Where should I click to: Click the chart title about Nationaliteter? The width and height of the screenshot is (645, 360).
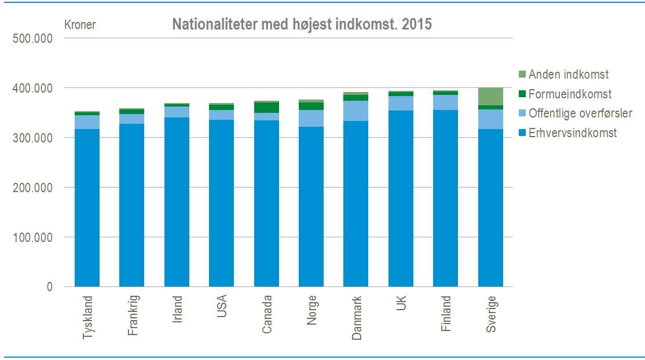coord(302,25)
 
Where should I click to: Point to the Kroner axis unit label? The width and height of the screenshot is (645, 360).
coord(80,24)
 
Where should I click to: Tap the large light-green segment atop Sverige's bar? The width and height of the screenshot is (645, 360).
coord(490,96)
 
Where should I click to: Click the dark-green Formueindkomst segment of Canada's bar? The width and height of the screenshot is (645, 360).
coord(266,108)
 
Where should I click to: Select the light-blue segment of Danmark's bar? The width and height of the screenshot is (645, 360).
coord(356,111)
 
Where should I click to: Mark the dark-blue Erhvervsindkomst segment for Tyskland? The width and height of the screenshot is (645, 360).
coord(87,208)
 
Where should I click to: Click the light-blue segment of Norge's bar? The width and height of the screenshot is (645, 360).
coord(311,118)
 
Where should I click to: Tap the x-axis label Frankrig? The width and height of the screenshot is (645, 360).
coord(133,316)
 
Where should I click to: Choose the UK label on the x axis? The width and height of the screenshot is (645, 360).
coord(401,303)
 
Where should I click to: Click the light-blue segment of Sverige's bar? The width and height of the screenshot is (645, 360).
coord(490,119)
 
